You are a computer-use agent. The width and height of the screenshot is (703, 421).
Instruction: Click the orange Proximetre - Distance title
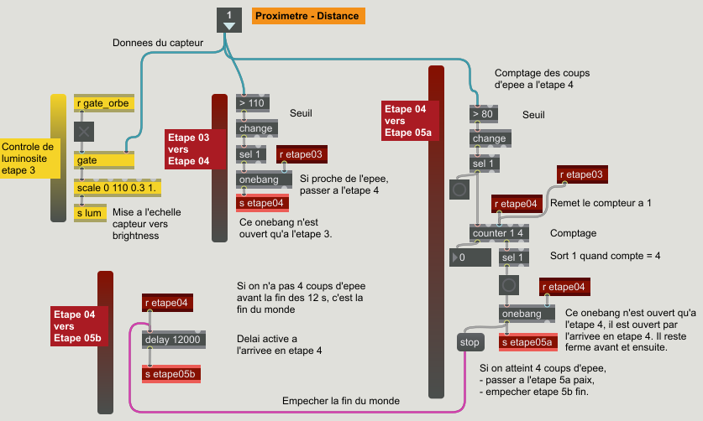coord(308,16)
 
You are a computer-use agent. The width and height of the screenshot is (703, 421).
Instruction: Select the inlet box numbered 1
coord(229,19)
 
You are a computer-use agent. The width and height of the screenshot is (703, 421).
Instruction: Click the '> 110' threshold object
coord(253,103)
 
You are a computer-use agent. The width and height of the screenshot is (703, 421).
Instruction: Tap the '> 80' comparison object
coord(483,114)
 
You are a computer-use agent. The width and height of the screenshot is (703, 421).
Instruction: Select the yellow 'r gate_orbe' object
coord(104,103)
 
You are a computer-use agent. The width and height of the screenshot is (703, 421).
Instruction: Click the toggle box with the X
coord(84,132)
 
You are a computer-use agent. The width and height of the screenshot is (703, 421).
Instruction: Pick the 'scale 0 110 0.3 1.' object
coord(118,188)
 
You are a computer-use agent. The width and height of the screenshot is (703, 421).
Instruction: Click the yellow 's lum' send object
coord(90,213)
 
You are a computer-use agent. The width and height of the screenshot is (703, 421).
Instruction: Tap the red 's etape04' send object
coord(262,203)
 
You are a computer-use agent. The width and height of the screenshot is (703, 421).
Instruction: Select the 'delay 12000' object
coord(174,340)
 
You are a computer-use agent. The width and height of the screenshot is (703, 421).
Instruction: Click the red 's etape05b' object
coord(171,374)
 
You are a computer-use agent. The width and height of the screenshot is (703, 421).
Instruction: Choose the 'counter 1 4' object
coord(499,233)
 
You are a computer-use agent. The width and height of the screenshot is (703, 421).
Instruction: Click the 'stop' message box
coord(470,342)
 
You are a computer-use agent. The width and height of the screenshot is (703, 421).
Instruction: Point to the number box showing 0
coord(470,257)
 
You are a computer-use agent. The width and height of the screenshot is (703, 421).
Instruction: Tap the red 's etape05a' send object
coord(528,342)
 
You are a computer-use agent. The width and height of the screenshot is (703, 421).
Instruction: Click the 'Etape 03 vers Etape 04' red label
coord(195,149)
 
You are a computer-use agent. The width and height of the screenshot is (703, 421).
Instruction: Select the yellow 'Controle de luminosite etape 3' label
coord(30,159)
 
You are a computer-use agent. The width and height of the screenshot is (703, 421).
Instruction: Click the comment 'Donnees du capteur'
coord(158,43)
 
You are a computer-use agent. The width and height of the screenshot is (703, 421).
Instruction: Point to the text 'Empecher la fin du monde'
coord(341,401)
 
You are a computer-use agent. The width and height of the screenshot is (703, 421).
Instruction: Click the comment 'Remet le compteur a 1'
coord(601,203)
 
